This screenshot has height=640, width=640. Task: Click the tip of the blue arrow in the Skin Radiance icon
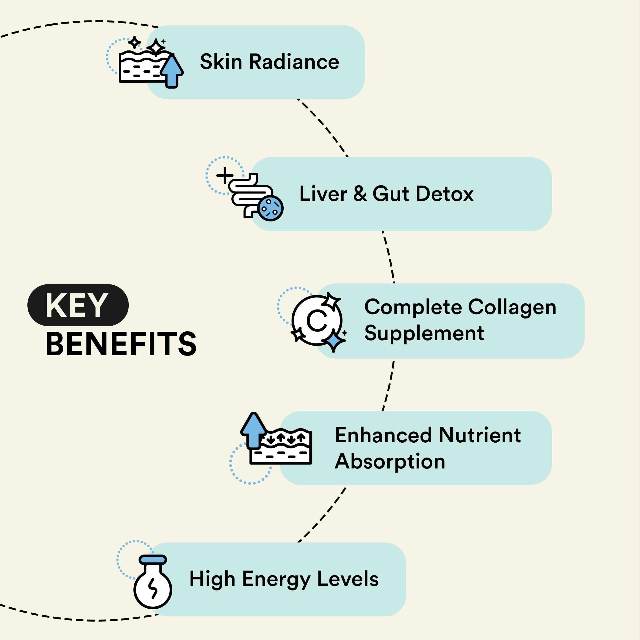(x=172, y=55)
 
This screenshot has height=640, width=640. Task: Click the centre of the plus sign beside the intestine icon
(x=225, y=175)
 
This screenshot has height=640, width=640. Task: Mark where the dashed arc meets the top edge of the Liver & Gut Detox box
(x=347, y=157)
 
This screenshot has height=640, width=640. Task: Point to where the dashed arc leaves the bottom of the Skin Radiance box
(x=298, y=99)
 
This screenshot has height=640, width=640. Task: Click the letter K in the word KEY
(x=57, y=305)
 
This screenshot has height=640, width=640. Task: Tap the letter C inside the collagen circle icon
(x=317, y=321)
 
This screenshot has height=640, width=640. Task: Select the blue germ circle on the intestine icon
(x=270, y=208)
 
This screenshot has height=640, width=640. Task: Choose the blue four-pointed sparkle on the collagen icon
(x=334, y=341)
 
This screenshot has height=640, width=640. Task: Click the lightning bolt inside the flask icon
(x=153, y=589)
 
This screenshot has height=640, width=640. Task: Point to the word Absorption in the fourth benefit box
(x=390, y=462)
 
